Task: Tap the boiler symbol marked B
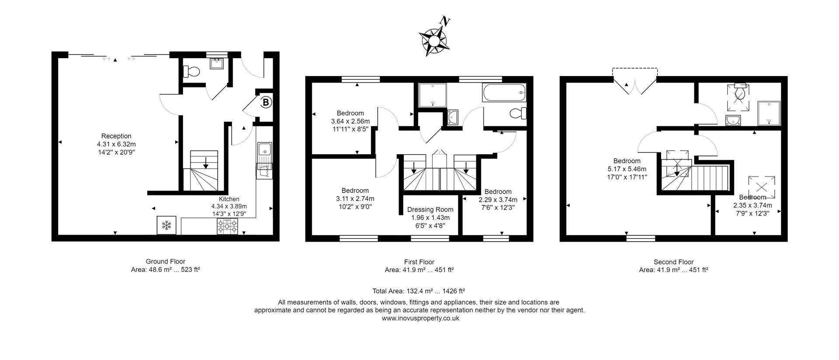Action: point(266,103)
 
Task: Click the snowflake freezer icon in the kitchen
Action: point(166,225)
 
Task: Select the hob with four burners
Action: point(228,226)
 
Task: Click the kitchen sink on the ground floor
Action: point(264,150)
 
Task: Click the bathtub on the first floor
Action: point(504,93)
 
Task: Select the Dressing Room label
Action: point(430,210)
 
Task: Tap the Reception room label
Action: point(116,136)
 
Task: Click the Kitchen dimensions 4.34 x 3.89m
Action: point(229,206)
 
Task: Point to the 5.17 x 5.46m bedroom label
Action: point(627,169)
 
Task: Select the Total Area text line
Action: point(419,291)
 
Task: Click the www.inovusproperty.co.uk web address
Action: point(420,318)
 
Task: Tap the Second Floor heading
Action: point(673,262)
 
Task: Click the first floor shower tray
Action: point(433,95)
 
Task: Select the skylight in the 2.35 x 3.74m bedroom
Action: point(761,187)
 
